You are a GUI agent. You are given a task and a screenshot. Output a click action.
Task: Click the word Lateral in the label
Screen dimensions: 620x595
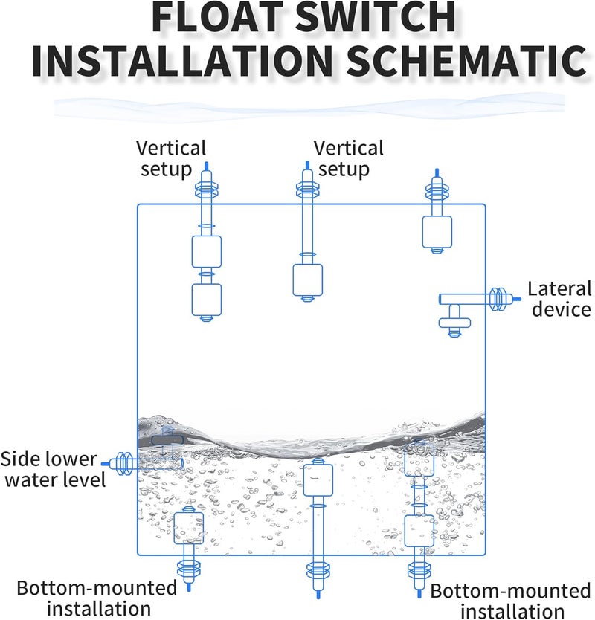pos(559,288)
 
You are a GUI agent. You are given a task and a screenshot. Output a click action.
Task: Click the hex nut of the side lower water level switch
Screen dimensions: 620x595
pos(124,462)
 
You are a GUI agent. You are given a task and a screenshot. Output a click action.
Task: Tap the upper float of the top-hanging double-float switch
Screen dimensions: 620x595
pos(207,251)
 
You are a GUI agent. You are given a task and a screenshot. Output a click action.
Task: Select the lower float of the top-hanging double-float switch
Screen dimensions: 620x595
pos(207,300)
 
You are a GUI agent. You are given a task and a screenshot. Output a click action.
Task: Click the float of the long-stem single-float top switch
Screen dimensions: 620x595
pos(307,280)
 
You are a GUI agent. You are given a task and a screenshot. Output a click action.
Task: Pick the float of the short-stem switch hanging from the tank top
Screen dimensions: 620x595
pos(437,232)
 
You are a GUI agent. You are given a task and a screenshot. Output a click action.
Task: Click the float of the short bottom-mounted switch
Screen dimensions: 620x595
pos(188,527)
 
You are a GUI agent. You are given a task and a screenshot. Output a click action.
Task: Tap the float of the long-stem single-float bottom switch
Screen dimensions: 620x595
pos(318,479)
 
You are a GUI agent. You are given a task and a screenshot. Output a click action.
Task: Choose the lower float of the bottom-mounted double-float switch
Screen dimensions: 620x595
pos(419,530)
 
